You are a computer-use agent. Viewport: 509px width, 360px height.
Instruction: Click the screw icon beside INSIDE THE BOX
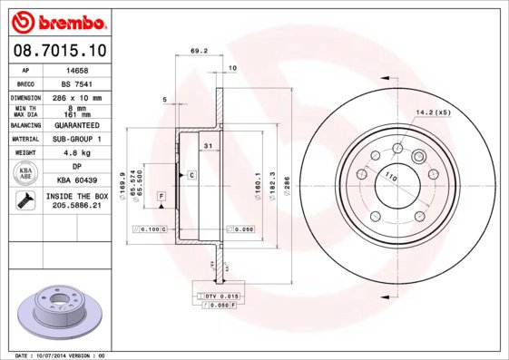click(24, 200)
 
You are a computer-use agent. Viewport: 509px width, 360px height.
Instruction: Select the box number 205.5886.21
click(76, 206)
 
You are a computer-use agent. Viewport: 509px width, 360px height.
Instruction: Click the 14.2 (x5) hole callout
click(433, 112)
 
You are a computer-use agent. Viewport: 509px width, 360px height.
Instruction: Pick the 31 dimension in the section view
click(208, 146)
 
